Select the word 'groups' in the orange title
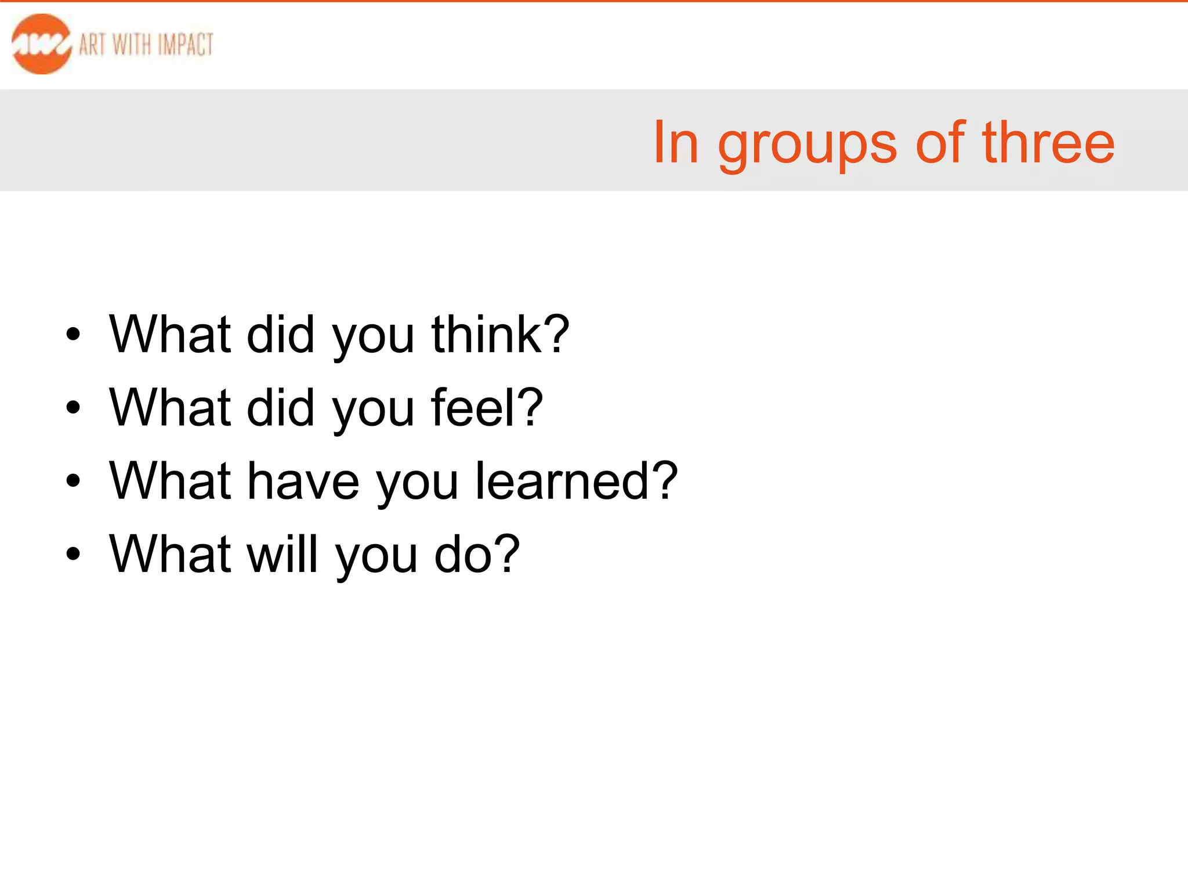point(807,145)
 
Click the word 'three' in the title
point(1048,142)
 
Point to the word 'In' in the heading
point(675,142)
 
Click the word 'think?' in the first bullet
point(500,334)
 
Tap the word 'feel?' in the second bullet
point(487,407)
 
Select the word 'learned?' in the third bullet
point(576,481)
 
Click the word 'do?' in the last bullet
point(477,554)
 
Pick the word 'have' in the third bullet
point(303,481)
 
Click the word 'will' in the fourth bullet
point(283,554)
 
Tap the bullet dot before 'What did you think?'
point(73,335)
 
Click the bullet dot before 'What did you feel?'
point(73,408)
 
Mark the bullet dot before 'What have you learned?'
point(73,481)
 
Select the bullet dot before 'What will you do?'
point(73,554)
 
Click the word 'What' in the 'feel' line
point(171,407)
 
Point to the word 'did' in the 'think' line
point(281,334)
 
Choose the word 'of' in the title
point(940,142)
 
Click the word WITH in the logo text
point(132,45)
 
